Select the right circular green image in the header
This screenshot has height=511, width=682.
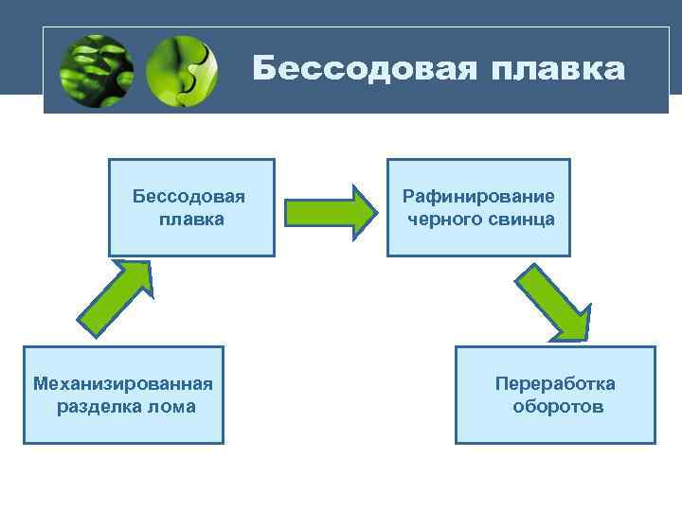point(182,71)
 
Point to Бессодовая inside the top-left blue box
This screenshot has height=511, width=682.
point(189,197)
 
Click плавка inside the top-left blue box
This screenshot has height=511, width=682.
point(191,220)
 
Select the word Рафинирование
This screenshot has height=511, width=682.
point(478,197)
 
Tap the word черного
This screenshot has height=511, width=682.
point(443,220)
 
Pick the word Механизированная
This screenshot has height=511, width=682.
point(123,383)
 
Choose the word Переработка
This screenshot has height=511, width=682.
point(555,383)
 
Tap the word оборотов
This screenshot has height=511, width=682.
point(558,407)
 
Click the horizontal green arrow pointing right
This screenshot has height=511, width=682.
point(327,210)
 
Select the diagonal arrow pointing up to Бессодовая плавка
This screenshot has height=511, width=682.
point(114,297)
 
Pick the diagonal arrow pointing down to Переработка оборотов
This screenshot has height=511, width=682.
point(553,302)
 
